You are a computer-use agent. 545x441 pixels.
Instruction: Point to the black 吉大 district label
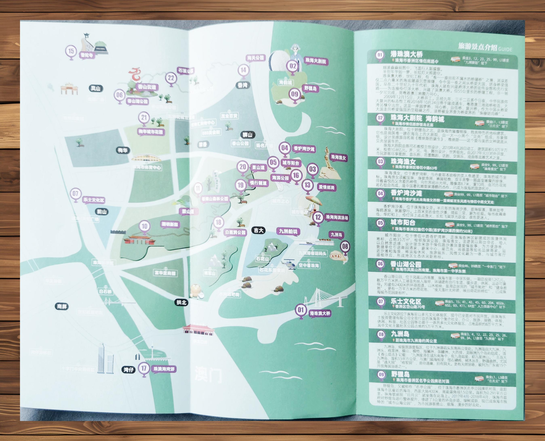tap(259, 230)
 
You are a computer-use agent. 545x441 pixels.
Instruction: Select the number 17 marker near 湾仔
tap(144, 368)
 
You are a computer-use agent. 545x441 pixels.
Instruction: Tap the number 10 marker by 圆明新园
tap(144, 227)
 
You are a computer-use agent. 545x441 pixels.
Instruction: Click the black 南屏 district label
tap(62, 306)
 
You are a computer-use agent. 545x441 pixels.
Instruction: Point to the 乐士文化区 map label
tap(94, 200)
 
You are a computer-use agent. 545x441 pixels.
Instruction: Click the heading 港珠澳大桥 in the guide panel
tap(406, 54)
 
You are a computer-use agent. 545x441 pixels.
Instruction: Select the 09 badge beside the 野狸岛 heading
tap(381, 375)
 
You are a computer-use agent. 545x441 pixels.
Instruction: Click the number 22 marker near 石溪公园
tap(171, 78)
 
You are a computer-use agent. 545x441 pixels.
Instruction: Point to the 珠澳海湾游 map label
tap(164, 369)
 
